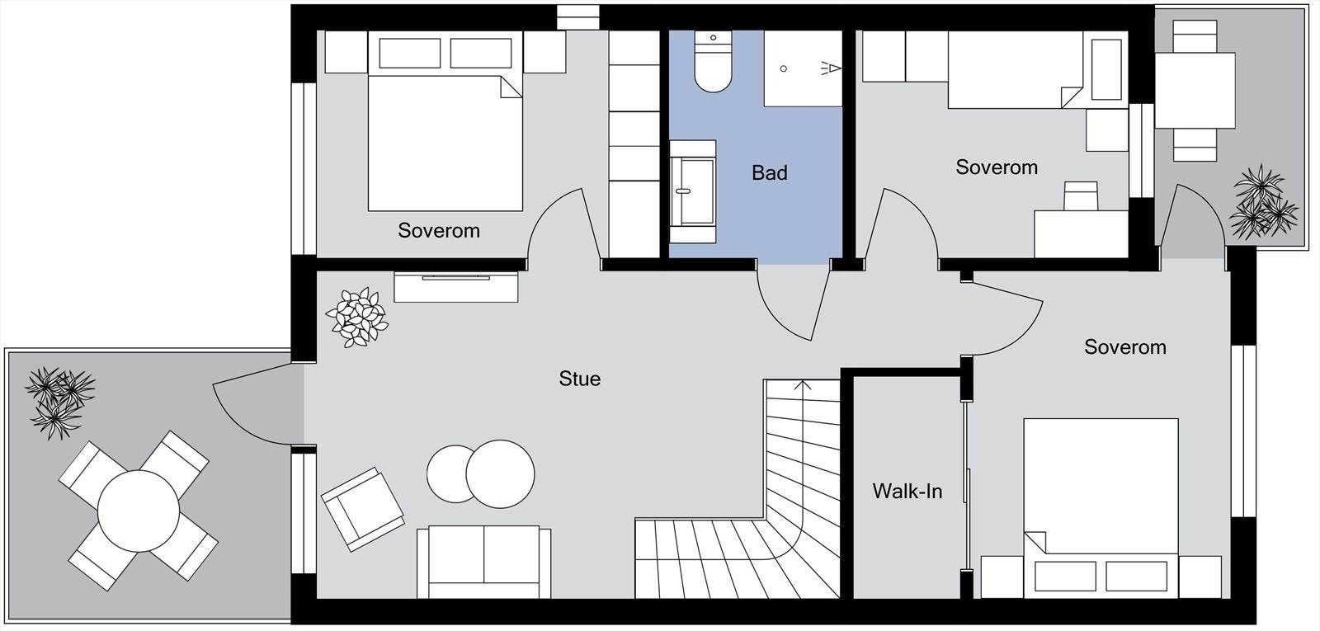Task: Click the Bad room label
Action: (x=769, y=172)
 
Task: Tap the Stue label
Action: (x=580, y=379)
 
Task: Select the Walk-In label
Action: (x=907, y=491)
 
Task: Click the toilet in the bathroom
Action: (x=713, y=61)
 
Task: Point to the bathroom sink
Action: (x=693, y=191)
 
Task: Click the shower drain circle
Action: (x=783, y=69)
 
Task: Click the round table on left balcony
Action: (x=139, y=511)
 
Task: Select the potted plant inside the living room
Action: (x=356, y=317)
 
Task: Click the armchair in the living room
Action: (x=362, y=509)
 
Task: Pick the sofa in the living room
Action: (x=483, y=562)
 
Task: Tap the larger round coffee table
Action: (x=500, y=473)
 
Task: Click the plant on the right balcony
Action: (x=1262, y=203)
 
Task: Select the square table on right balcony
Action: (x=1195, y=90)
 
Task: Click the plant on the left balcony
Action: (x=58, y=403)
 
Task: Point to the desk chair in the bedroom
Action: (x=1081, y=196)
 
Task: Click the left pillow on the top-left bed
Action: (x=409, y=53)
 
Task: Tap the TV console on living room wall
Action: (x=455, y=287)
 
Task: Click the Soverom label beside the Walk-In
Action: (x=1125, y=347)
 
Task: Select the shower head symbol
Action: (x=831, y=69)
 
